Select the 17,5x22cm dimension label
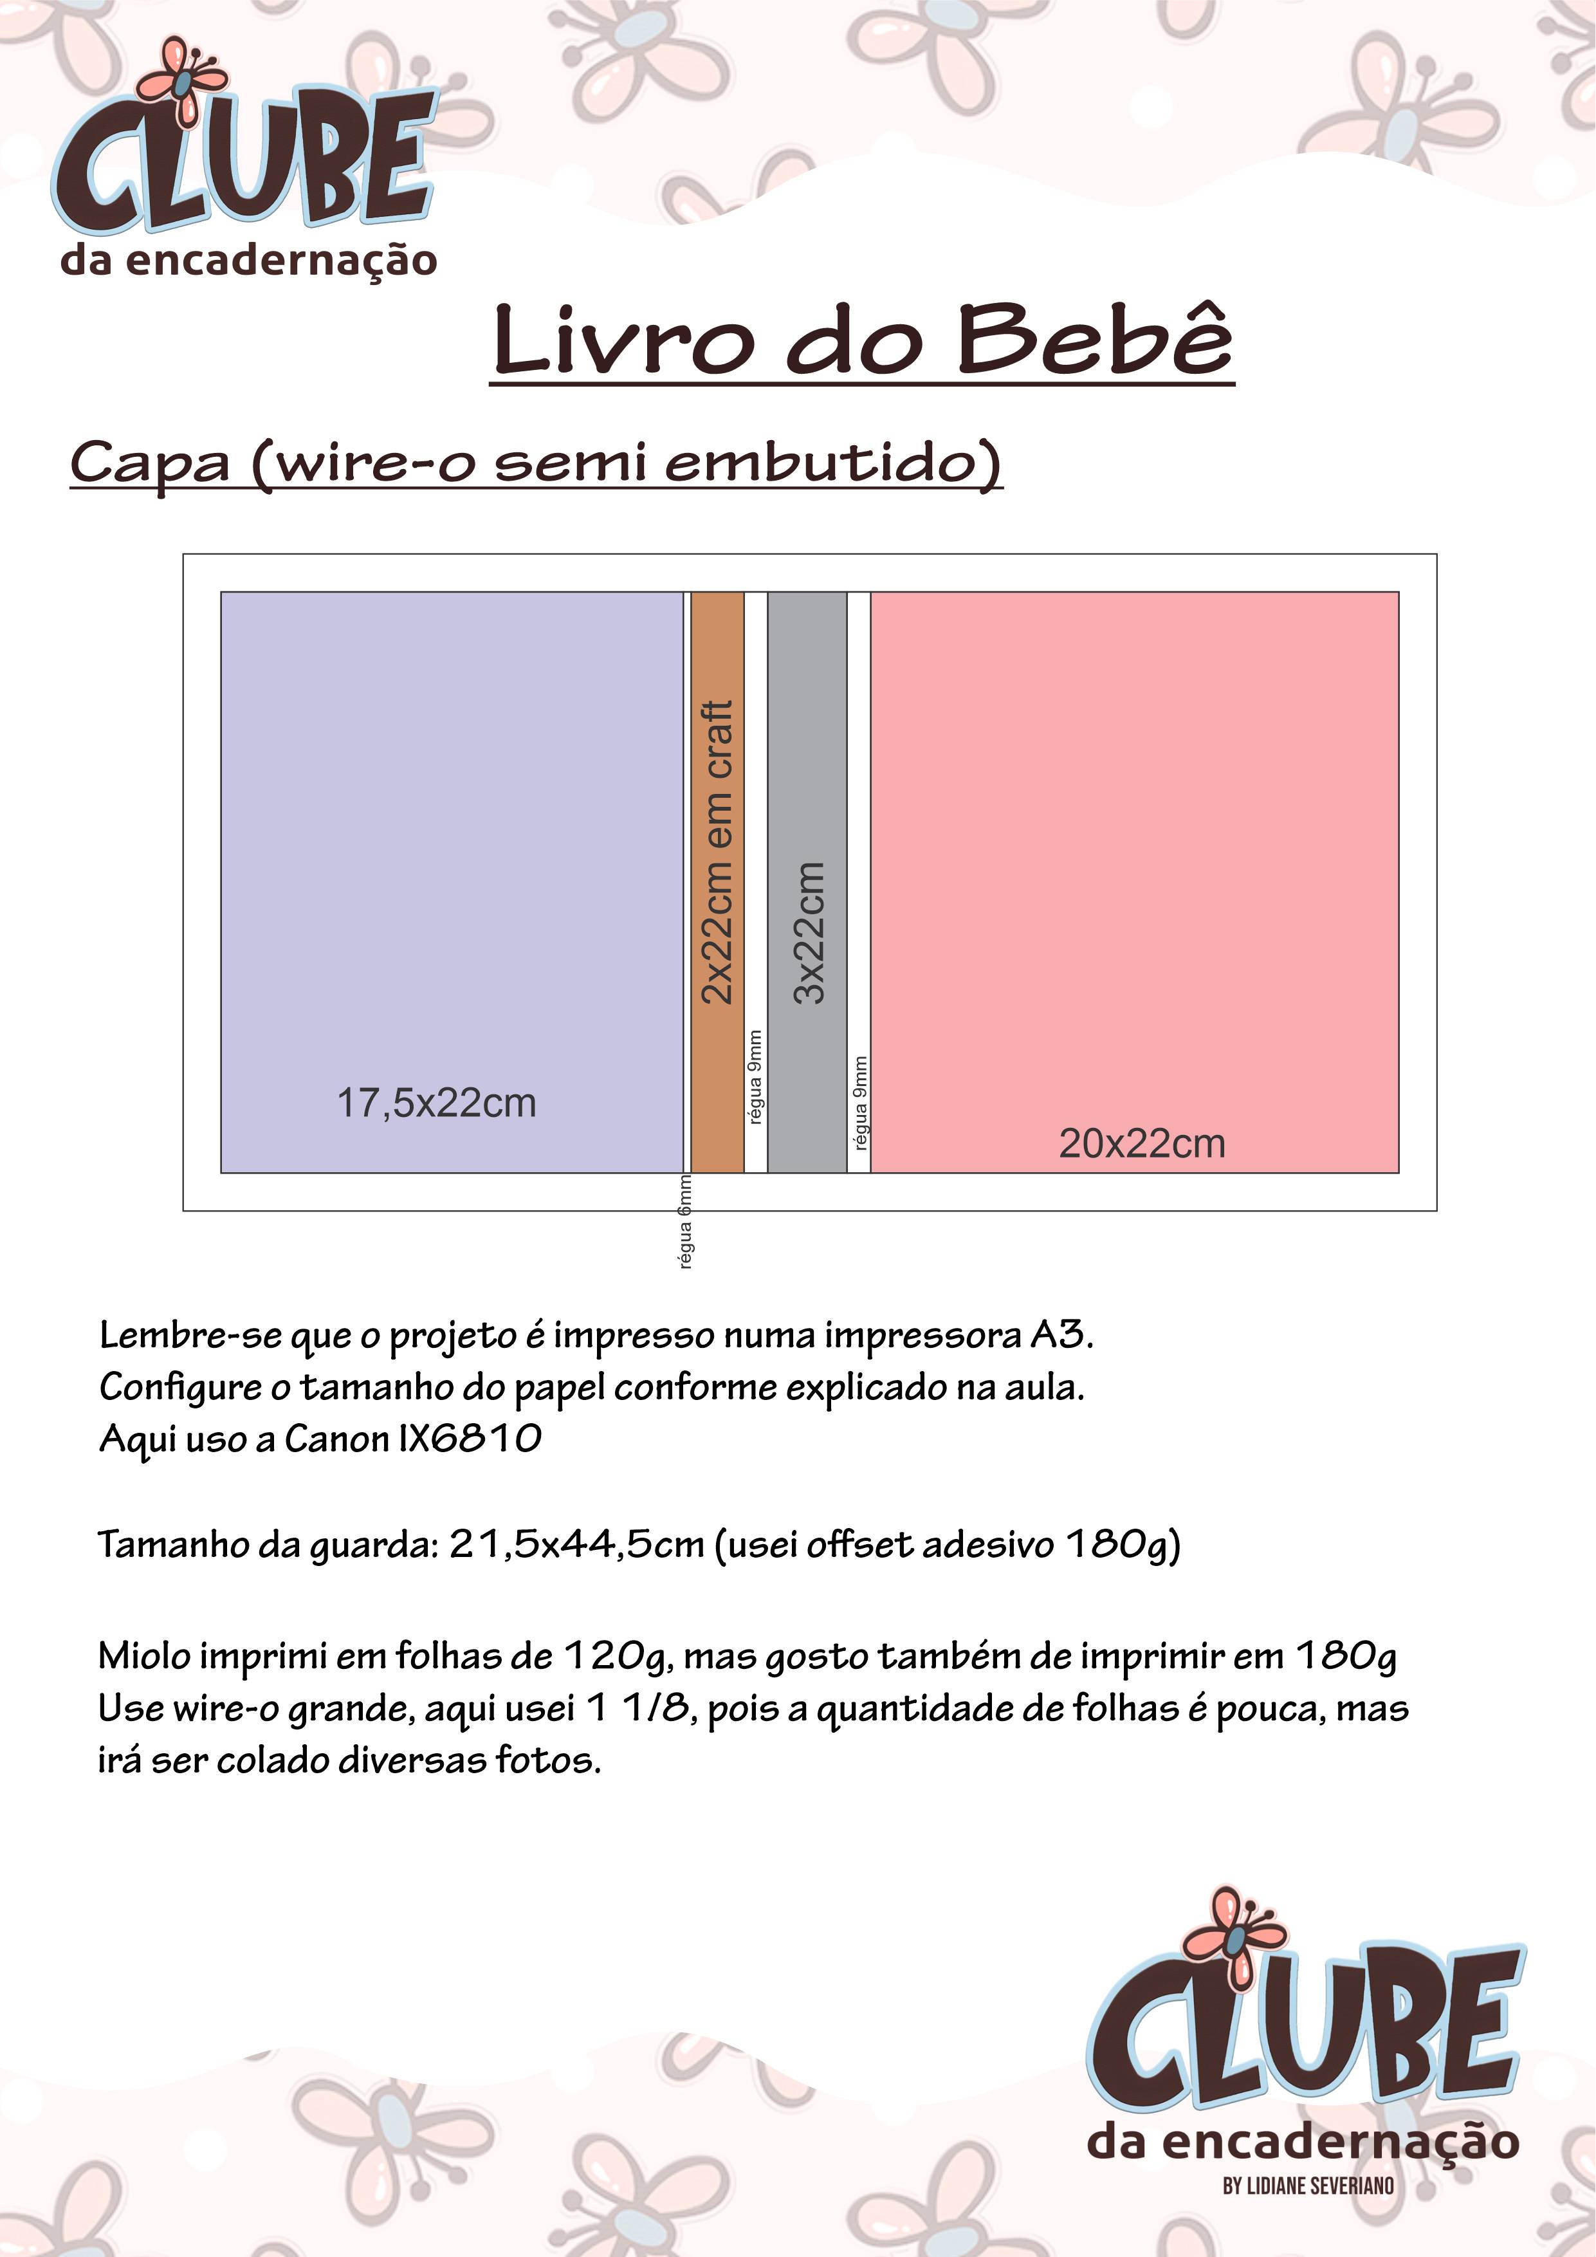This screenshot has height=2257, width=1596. coord(436,1103)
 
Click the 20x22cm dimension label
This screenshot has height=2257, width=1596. coord(1142,1143)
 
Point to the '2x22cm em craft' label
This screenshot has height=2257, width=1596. coord(717,851)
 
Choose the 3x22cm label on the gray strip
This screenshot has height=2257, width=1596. coord(808,932)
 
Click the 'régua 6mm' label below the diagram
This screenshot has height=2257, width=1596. coord(686,1221)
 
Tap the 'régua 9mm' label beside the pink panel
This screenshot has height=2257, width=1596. coord(860,1103)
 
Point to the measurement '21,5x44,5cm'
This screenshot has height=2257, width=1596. coord(577,1544)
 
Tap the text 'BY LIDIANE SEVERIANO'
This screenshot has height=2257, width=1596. coord(1308,2185)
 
